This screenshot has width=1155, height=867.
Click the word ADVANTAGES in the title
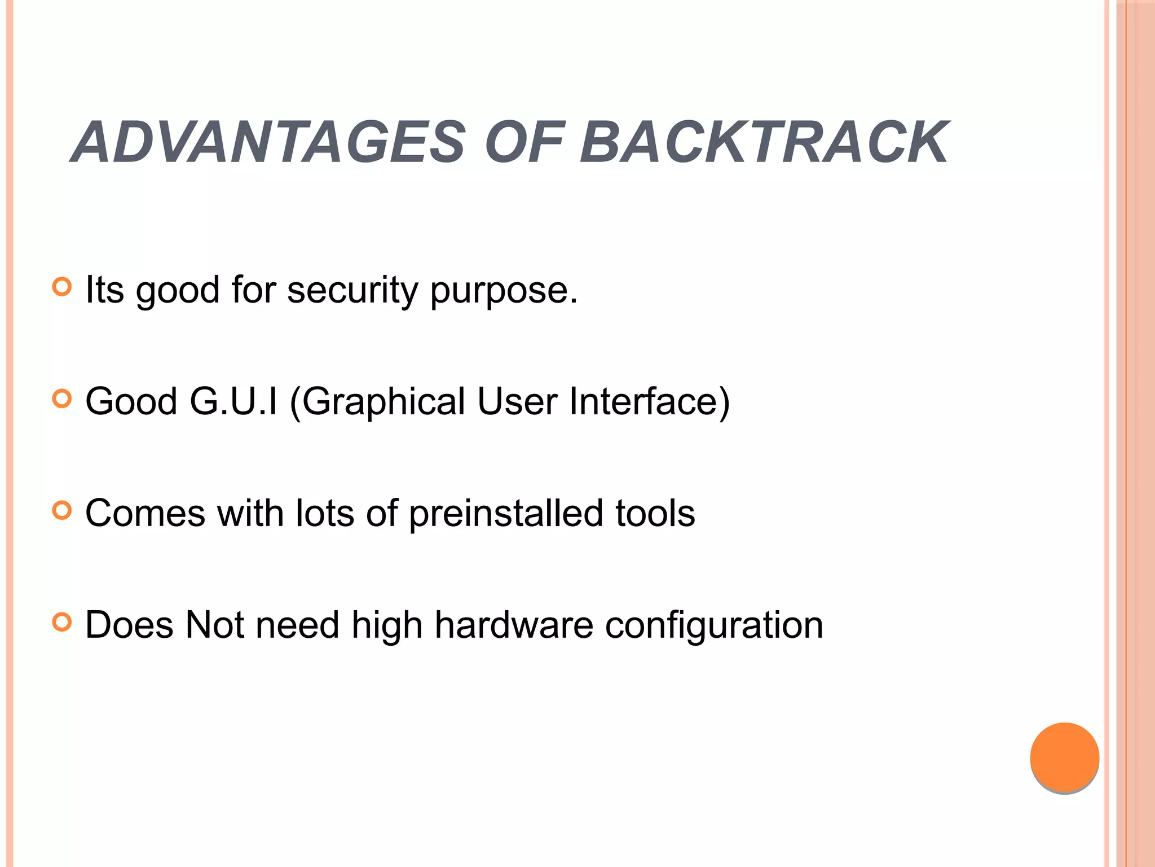[270, 143]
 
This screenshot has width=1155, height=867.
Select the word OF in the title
[524, 143]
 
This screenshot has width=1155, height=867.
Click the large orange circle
[1064, 757]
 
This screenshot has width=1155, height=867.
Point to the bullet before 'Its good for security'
[62, 287]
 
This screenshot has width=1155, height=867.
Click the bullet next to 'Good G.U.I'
[62, 399]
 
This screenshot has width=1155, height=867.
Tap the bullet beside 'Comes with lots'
[62, 511]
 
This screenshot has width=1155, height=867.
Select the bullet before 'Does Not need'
[62, 623]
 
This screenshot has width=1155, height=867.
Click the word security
[352, 291]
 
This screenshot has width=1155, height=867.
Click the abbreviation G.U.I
[233, 401]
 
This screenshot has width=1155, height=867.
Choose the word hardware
[514, 625]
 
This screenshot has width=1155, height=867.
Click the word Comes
[146, 513]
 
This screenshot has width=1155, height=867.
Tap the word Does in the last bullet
[129, 625]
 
